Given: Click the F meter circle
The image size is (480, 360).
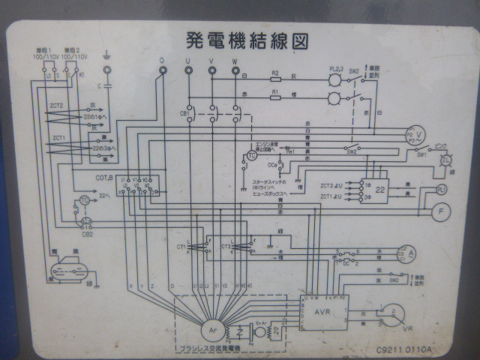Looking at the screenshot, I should pyautogui.click(x=442, y=212).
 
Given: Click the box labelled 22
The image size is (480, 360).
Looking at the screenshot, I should pyautogui.click(x=381, y=189).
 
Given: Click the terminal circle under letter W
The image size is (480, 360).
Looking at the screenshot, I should pyautogui.click(x=235, y=70).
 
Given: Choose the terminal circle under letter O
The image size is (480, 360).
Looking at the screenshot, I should pyautogui.click(x=161, y=70).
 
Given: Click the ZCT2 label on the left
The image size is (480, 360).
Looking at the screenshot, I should pyautogui.click(x=57, y=106).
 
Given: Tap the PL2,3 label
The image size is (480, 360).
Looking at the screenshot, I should pyautogui.click(x=335, y=67).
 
